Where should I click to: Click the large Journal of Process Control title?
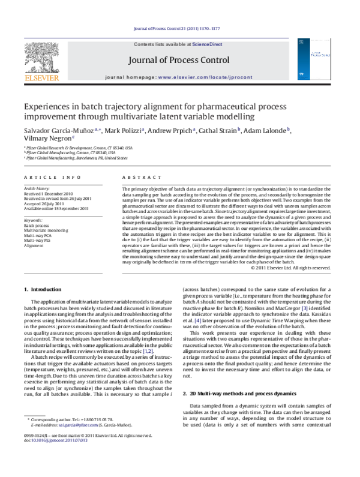(178, 61)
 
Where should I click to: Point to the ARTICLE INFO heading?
(46, 178)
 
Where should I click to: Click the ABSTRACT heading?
(137, 178)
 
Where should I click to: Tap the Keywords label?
(34, 221)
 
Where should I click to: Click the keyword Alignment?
(34, 245)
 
